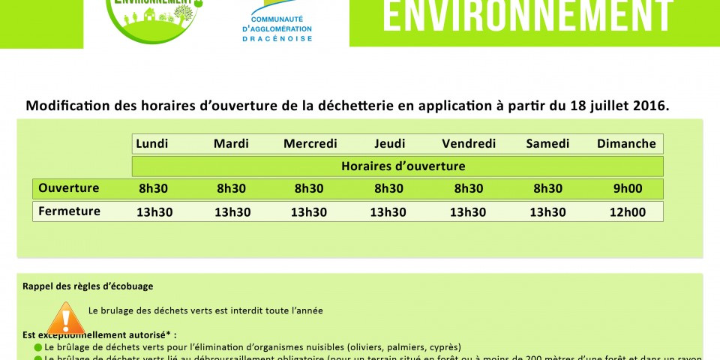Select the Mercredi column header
coord(310,144)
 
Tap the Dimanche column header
coord(626,144)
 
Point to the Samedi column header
coord(547,144)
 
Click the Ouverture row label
coord(69,187)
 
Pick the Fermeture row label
coord(69,211)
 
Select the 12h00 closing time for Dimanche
coord(628,212)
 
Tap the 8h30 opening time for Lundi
coord(154,188)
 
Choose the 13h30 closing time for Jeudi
coord(388,212)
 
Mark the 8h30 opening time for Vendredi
coord(469,188)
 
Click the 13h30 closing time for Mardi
coord(232,212)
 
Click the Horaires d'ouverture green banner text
coord(403,166)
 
